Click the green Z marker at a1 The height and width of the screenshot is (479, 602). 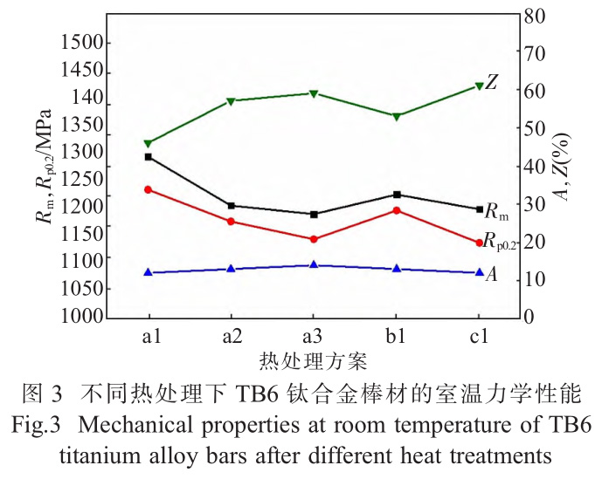pyautogui.click(x=149, y=143)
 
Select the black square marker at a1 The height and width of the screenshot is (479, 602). pyautogui.click(x=149, y=157)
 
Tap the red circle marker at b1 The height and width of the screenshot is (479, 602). pyautogui.click(x=397, y=210)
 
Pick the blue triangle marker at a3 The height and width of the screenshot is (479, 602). pyautogui.click(x=314, y=264)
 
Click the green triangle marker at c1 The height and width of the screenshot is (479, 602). pyautogui.click(x=479, y=86)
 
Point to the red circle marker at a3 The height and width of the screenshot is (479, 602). pyautogui.click(x=314, y=239)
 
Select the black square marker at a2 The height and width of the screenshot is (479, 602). pyautogui.click(x=231, y=206)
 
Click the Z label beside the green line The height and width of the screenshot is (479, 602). pyautogui.click(x=492, y=83)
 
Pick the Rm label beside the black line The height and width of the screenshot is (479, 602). pyautogui.click(x=496, y=211)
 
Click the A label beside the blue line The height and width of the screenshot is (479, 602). pyautogui.click(x=491, y=275)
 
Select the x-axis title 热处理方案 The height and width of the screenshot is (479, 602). pyautogui.click(x=313, y=359)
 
